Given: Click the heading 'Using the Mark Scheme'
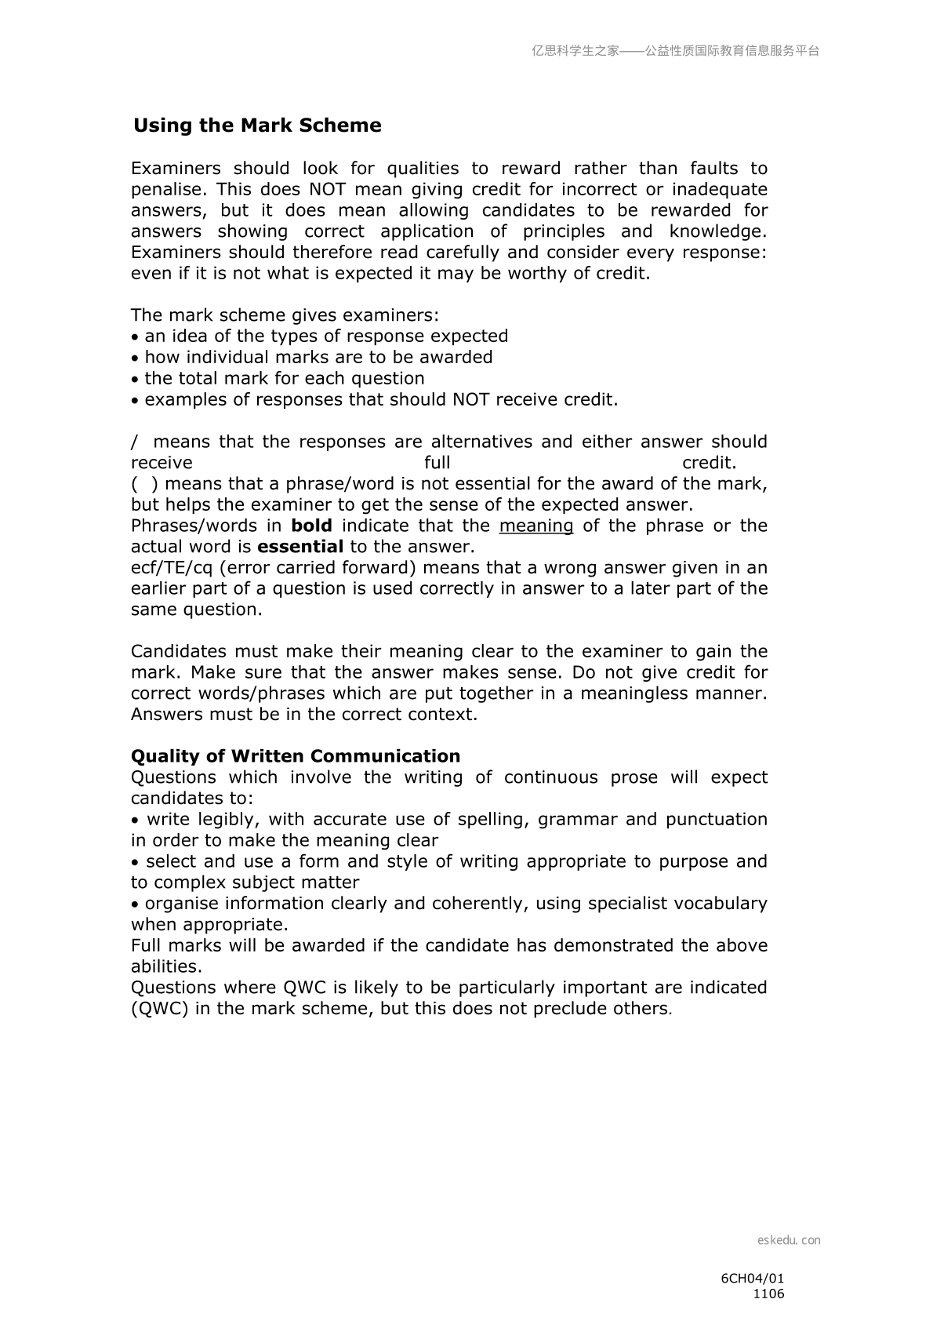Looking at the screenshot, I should point(257,126).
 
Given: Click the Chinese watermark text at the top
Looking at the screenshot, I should point(675,51).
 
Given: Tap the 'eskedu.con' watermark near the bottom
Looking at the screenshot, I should point(789,1240).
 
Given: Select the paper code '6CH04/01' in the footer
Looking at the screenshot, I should point(752,1278).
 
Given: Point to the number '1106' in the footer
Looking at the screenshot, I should point(768,1294).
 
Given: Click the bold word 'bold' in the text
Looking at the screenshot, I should point(311,526).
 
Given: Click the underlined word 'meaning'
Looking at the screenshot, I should point(536,526).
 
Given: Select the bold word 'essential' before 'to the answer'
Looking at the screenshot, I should point(300,547).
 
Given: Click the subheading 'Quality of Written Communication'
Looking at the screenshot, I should point(296,756).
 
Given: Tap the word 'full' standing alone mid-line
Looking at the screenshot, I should point(437,463).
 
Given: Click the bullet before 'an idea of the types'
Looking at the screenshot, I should point(136,337).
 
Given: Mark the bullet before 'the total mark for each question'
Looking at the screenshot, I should point(136,380).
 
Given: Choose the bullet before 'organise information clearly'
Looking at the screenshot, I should point(136,904).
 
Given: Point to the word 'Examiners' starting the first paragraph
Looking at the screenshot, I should point(176,169).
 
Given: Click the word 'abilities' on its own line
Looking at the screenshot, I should point(165,966).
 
